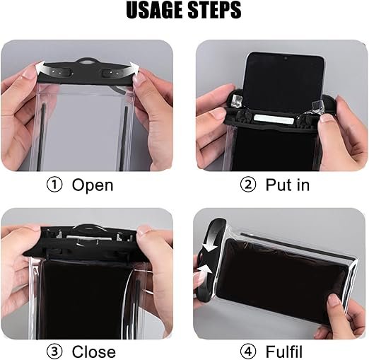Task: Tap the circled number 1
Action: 54,185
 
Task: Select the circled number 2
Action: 248,185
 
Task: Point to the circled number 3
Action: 54,352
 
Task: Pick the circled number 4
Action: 248,352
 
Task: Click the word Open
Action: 93,185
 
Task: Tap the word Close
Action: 94,352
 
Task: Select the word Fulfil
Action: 284,352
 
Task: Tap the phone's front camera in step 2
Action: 286,58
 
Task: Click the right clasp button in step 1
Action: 112,74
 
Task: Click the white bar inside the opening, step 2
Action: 274,119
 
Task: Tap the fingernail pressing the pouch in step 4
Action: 334,300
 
